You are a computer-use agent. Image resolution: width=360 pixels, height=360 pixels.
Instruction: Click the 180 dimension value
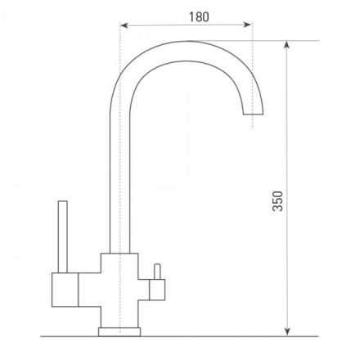click(199, 17)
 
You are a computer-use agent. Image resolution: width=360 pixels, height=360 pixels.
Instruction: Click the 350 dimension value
click(278, 201)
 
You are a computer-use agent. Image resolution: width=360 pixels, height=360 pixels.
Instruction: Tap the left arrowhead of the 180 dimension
click(124, 25)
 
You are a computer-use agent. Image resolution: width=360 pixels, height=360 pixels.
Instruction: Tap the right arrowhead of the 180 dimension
click(247, 25)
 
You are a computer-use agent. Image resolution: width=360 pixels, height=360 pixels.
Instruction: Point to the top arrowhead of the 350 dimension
click(286, 45)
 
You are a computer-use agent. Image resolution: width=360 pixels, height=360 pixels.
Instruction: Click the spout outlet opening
click(254, 114)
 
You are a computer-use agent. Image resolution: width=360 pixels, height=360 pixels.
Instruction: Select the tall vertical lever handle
click(63, 236)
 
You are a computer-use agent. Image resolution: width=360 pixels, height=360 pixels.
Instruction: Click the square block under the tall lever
click(65, 290)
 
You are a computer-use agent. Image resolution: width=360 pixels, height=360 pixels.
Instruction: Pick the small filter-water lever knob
click(157, 272)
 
